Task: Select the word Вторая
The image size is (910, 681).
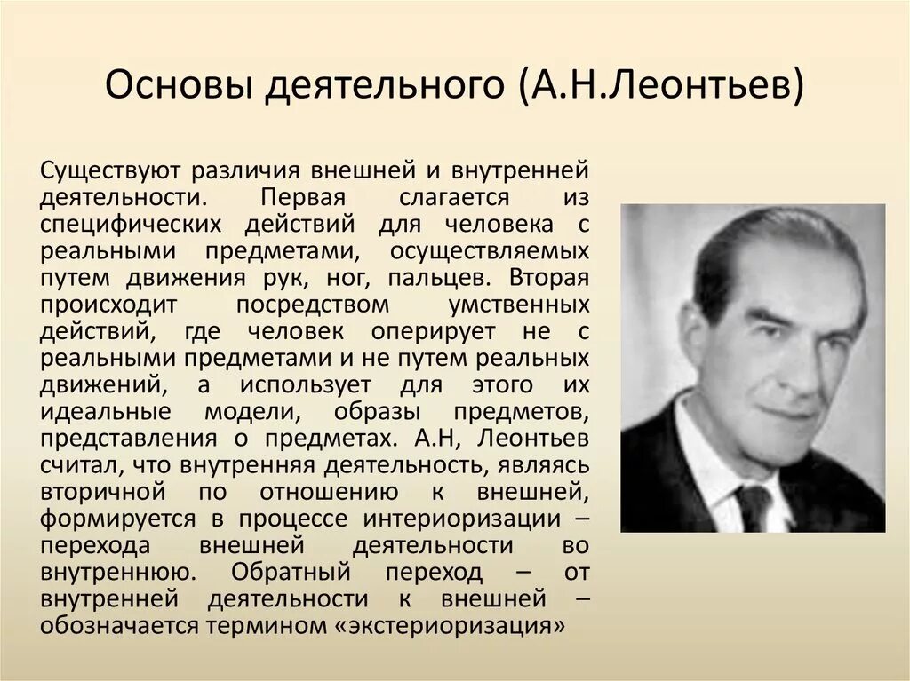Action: [549, 276]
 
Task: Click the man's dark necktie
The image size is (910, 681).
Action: [753, 506]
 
